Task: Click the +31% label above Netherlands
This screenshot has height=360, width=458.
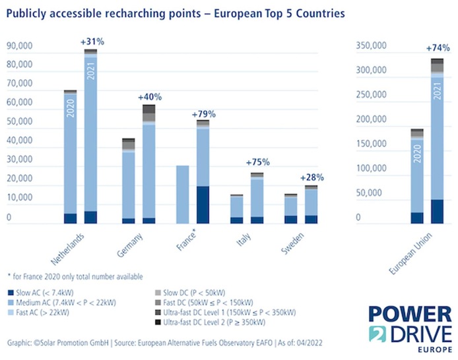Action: (x=92, y=42)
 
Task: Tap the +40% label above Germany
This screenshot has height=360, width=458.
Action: (x=149, y=97)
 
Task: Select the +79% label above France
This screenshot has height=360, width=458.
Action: (x=204, y=113)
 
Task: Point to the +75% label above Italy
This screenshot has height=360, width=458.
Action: (x=257, y=162)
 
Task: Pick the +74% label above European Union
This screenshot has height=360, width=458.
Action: (x=436, y=48)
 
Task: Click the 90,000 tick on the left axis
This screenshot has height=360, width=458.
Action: (x=21, y=46)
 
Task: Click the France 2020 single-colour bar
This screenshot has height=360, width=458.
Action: (x=183, y=195)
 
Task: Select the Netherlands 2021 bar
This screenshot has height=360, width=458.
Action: (x=90, y=132)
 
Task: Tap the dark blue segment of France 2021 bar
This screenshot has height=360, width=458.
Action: (x=203, y=204)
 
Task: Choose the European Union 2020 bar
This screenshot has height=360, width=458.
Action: (x=417, y=175)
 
